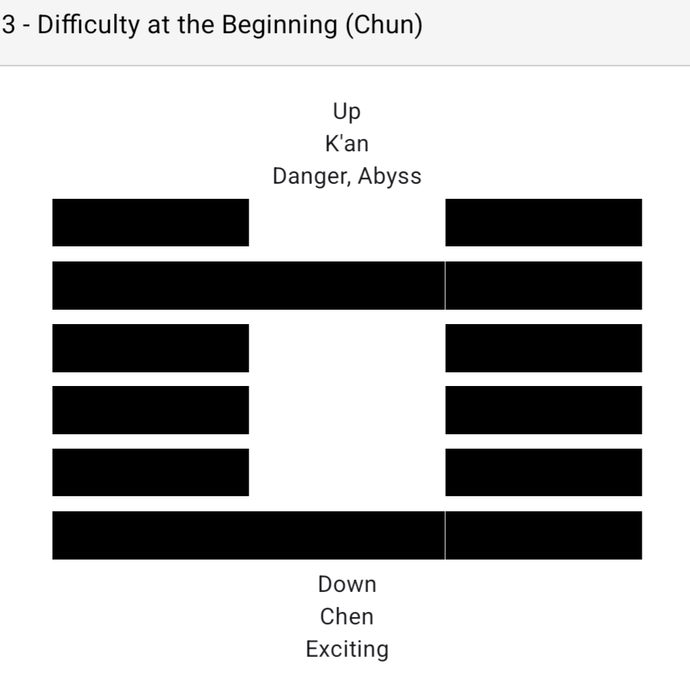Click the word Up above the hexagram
[346, 112]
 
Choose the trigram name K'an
[346, 144]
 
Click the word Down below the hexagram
[347, 584]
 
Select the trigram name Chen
[347, 617]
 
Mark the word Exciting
[347, 649]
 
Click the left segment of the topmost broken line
[151, 223]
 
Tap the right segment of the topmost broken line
[543, 223]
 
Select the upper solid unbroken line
[346, 285]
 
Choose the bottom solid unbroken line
[346, 535]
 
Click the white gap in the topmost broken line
[346, 223]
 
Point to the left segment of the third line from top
[151, 348]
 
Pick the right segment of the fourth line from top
[543, 410]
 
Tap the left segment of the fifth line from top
[151, 472]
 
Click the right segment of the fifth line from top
[543, 472]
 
